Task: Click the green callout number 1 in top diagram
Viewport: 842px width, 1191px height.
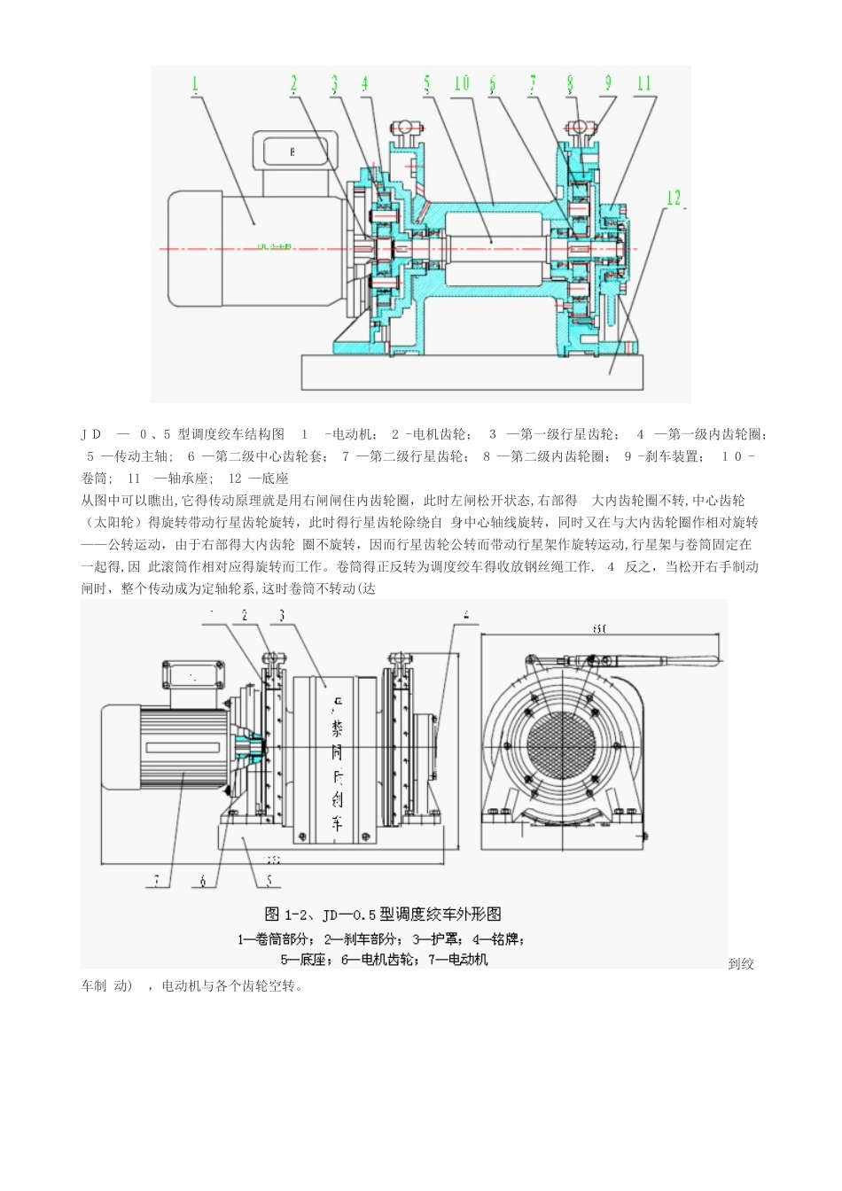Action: click(x=194, y=84)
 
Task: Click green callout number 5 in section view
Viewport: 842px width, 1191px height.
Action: click(x=427, y=84)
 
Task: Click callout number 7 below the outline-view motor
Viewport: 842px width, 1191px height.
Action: click(x=157, y=880)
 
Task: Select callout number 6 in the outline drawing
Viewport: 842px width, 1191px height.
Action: click(x=203, y=881)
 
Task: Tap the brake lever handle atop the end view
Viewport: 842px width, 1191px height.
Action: click(x=674, y=660)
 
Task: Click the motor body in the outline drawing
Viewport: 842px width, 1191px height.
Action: click(x=168, y=746)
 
